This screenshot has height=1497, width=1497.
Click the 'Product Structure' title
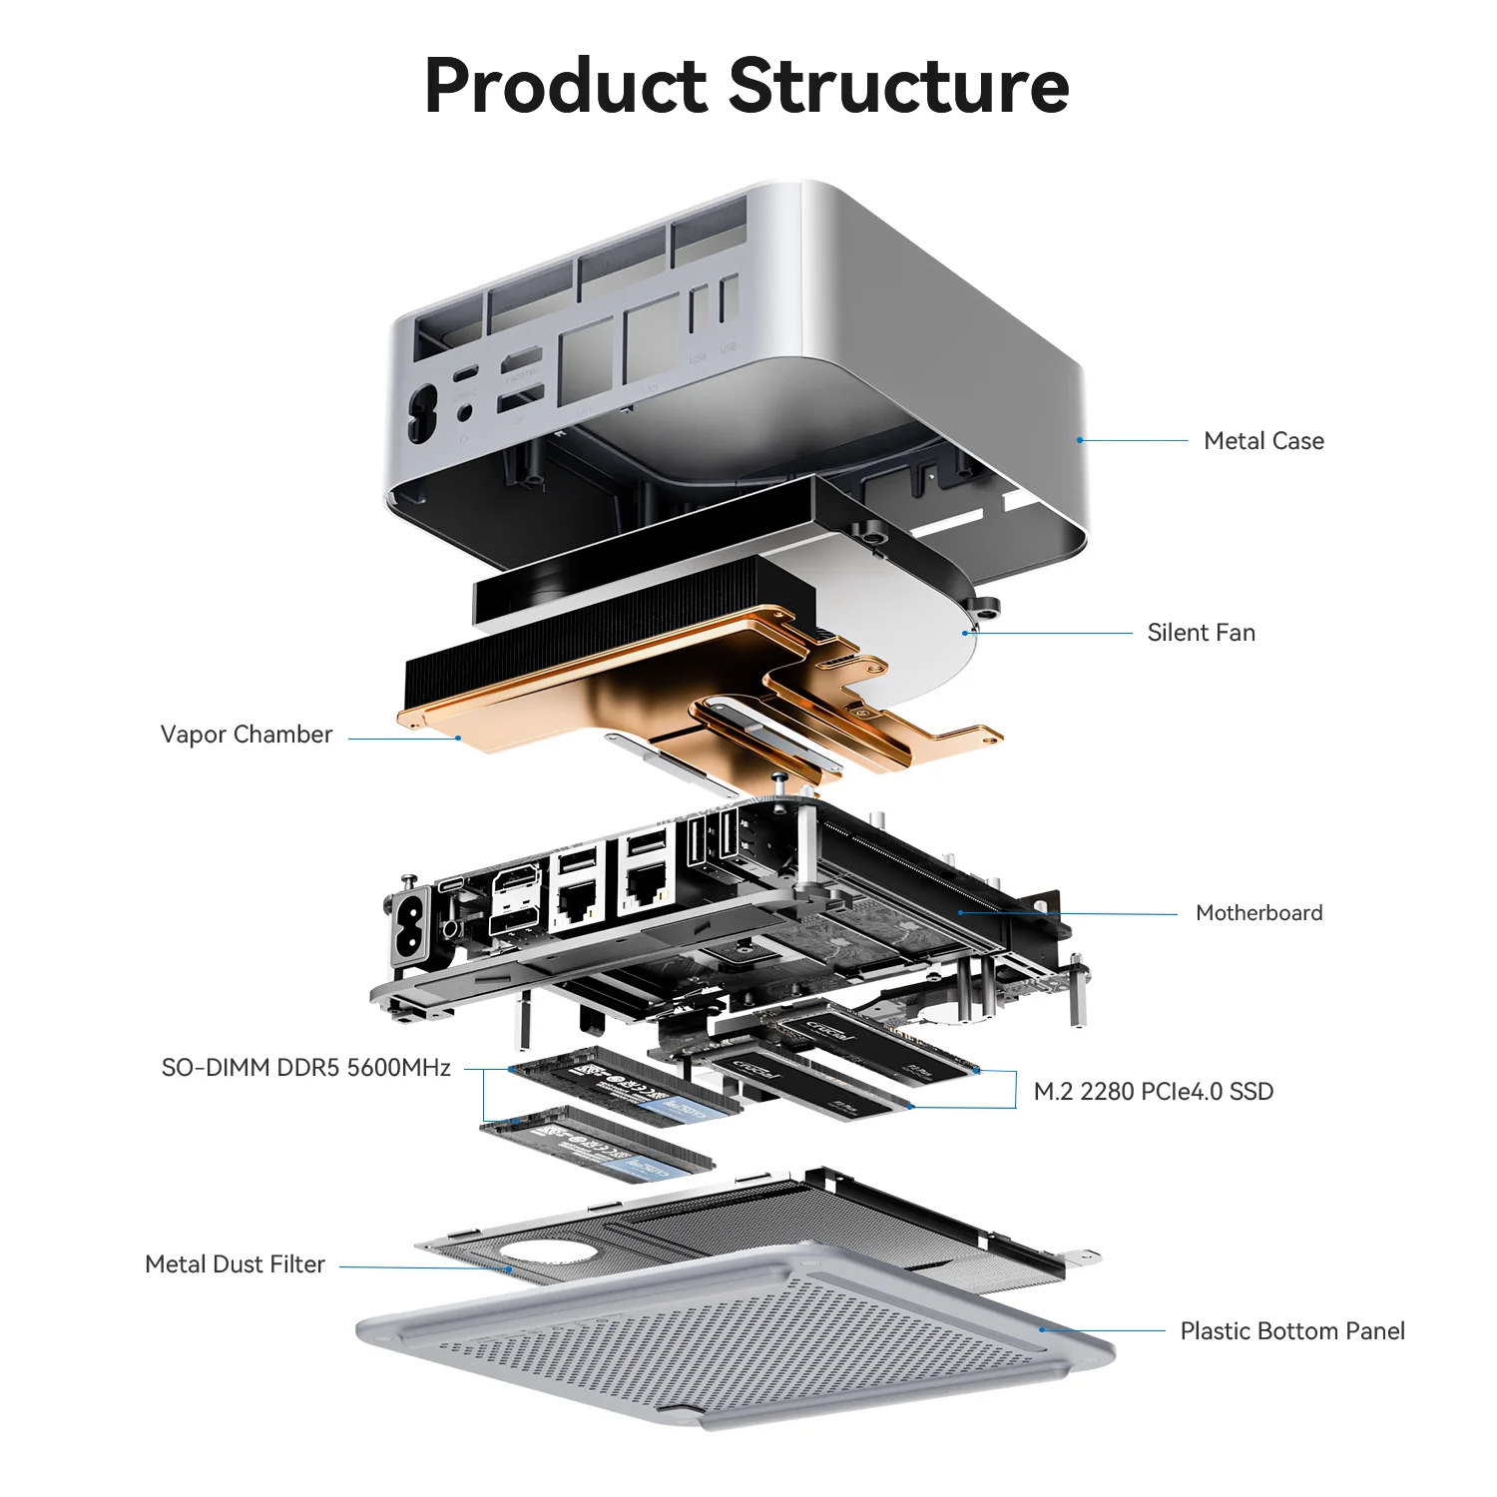point(747,86)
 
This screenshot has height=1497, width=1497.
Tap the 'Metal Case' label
point(1263,441)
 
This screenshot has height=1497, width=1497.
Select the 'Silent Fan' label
point(1201,633)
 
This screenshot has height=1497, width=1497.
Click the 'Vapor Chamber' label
point(247,735)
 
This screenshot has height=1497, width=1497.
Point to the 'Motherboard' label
point(1258,913)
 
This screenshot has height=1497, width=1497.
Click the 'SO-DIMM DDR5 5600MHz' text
point(306,1068)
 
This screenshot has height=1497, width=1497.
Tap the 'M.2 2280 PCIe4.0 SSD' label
point(1153,1092)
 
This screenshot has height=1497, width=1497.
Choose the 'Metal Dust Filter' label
point(236,1264)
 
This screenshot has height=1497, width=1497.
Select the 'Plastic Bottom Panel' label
point(1291,1331)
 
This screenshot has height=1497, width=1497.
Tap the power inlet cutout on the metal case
point(421,413)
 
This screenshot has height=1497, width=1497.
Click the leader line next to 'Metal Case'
point(1134,440)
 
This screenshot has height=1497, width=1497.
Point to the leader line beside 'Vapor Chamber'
point(402,739)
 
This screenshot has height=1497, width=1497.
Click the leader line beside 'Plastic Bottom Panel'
point(1103,1330)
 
